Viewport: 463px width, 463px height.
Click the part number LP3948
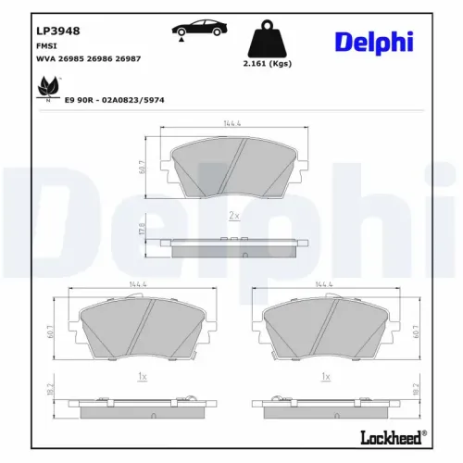pyautogui.click(x=58, y=31)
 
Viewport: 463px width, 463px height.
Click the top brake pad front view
pyautogui.click(x=233, y=167)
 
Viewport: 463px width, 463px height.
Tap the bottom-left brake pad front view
pyautogui.click(x=140, y=331)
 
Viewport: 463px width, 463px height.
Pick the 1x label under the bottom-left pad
pyautogui.click(x=141, y=378)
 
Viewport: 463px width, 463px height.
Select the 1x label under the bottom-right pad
pyautogui.click(x=324, y=378)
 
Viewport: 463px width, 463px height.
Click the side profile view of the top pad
pyautogui.click(x=233, y=243)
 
